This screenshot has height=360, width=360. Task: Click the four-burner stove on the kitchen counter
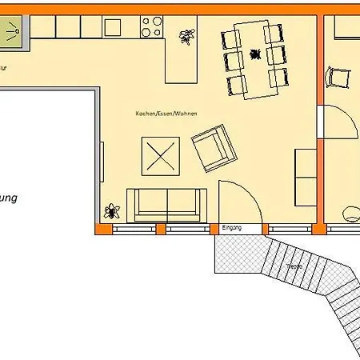[x=151, y=26]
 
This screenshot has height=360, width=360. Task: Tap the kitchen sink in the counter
[x=112, y=26]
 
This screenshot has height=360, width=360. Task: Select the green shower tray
[x=14, y=33]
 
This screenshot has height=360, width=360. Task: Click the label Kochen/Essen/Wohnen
[x=166, y=114]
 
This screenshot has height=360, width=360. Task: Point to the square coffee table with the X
[x=160, y=154]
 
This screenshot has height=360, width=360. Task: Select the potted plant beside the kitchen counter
[x=186, y=36]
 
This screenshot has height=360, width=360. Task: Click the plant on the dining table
[x=256, y=54]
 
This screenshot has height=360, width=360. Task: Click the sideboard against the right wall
[x=306, y=176]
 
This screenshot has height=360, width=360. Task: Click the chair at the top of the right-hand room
[x=338, y=78]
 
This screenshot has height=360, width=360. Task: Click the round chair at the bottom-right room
[x=350, y=214]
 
